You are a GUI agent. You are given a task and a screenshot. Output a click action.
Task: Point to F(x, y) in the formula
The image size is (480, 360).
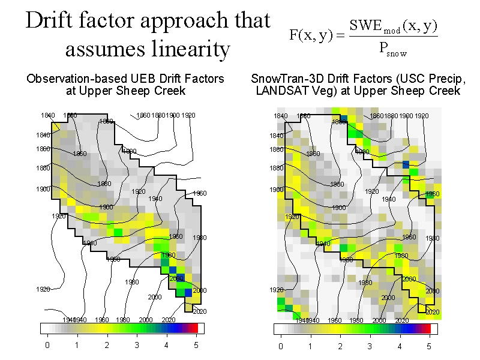pyautogui.click(x=310, y=35)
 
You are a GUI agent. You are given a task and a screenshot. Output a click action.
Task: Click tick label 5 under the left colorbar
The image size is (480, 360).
pyautogui.click(x=196, y=346)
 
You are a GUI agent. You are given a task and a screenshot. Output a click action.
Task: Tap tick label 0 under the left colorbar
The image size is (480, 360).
pyautogui.click(x=47, y=346)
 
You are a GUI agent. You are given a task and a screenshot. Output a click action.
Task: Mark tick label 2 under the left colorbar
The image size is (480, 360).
pyautogui.click(x=107, y=346)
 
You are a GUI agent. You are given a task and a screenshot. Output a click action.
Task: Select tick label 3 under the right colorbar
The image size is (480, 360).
pyautogui.click(x=370, y=346)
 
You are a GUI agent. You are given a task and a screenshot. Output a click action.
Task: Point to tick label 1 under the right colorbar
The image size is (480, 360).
pyautogui.click(x=310, y=346)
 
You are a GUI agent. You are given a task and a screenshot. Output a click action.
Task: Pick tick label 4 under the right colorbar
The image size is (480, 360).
pyautogui.click(x=400, y=346)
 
